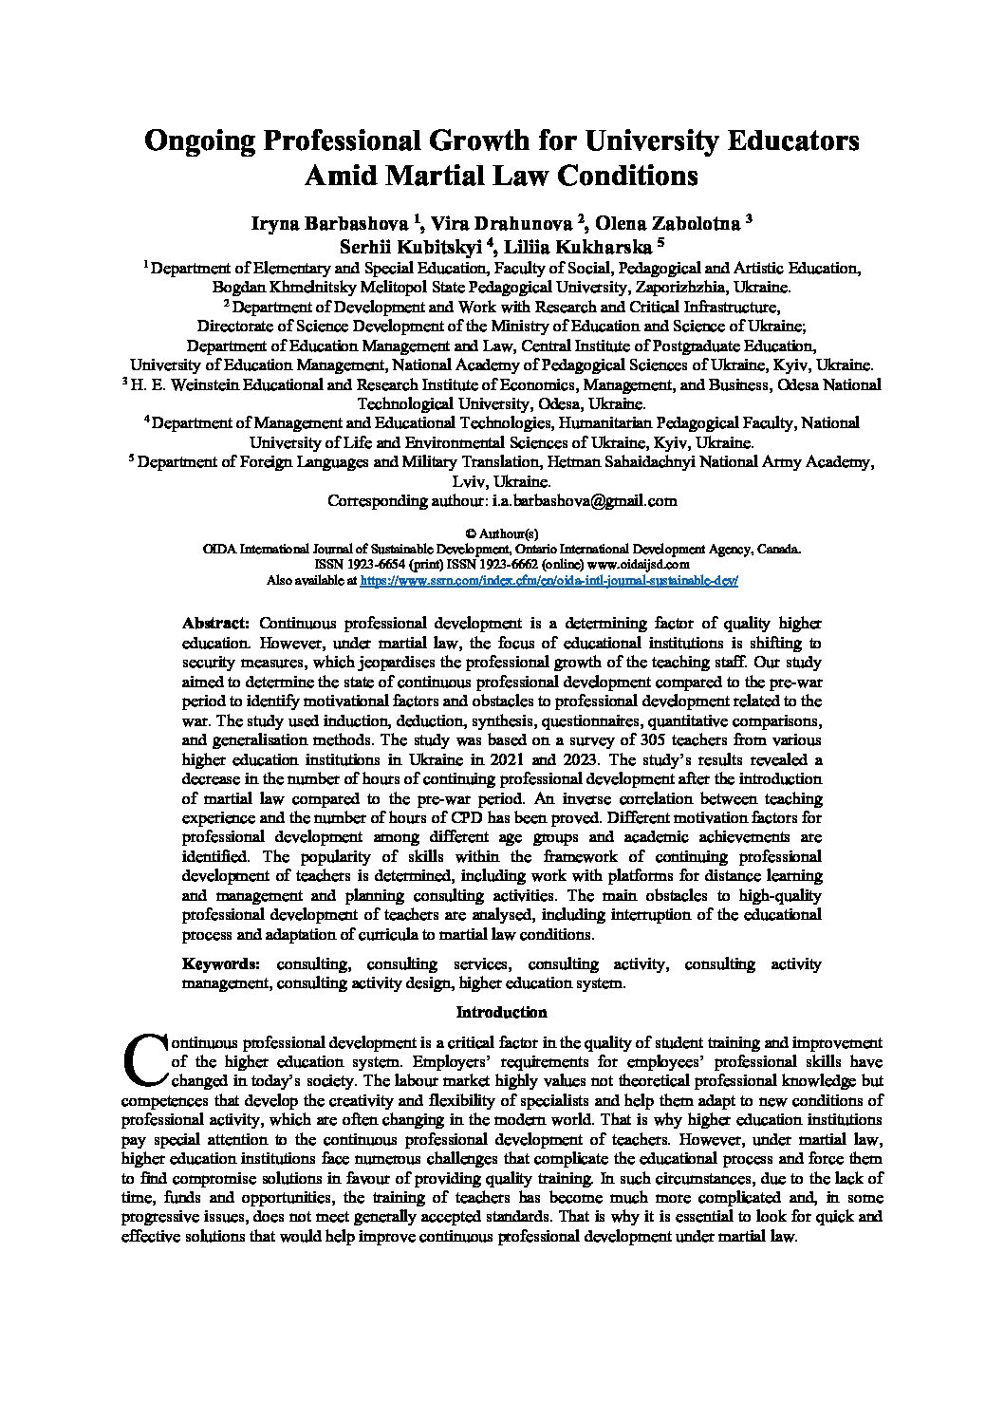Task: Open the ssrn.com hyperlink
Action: pyautogui.click(x=549, y=579)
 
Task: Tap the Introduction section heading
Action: pyautogui.click(x=502, y=1013)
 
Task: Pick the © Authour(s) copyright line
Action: pyautogui.click(x=502, y=534)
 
